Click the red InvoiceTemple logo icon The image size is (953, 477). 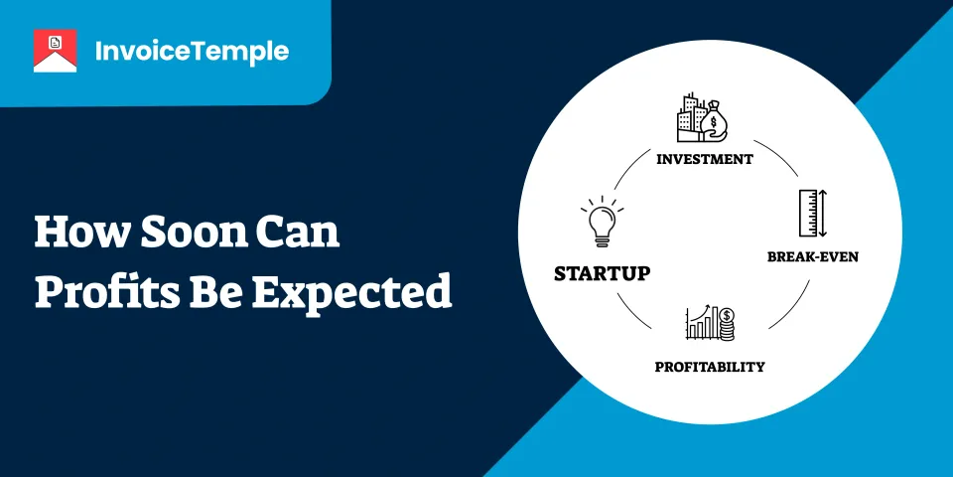(55, 51)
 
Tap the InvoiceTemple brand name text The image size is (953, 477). (192, 52)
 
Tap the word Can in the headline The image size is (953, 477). (298, 233)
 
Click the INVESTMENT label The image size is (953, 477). (705, 159)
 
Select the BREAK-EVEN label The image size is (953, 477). (813, 256)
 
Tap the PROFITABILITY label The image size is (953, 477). (709, 367)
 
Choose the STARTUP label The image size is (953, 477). (602, 273)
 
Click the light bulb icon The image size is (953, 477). (602, 222)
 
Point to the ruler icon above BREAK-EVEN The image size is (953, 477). (813, 213)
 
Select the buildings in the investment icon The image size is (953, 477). (691, 118)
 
